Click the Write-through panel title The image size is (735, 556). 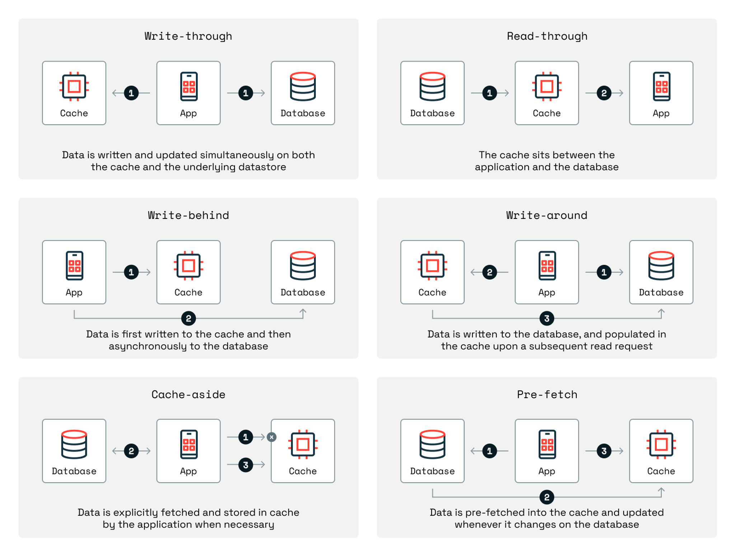pyautogui.click(x=188, y=36)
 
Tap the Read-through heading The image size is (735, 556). pyautogui.click(x=547, y=36)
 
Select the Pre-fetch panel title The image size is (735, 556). pyautogui.click(x=547, y=394)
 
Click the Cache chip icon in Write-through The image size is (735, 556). pyautogui.click(x=74, y=87)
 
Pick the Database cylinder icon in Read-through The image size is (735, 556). pyautogui.click(x=432, y=87)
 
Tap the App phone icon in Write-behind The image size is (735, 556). pyautogui.click(x=74, y=266)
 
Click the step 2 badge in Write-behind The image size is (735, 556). pyautogui.click(x=188, y=318)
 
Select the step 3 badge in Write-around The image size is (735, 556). pyautogui.click(x=547, y=318)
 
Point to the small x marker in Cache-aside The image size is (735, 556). pyautogui.click(x=272, y=437)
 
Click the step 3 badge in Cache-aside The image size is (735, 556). pyautogui.click(x=245, y=465)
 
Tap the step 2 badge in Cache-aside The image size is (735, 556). pyautogui.click(x=131, y=451)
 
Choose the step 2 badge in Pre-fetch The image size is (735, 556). pyautogui.click(x=547, y=497)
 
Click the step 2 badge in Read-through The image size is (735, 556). pyautogui.click(x=604, y=93)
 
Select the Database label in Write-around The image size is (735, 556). pyautogui.click(x=661, y=293)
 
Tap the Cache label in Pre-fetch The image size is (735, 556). pyautogui.click(x=661, y=471)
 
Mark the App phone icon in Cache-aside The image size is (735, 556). pyautogui.click(x=188, y=444)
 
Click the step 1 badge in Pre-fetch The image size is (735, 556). pyautogui.click(x=490, y=451)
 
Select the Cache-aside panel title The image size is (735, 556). pyautogui.click(x=188, y=394)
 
